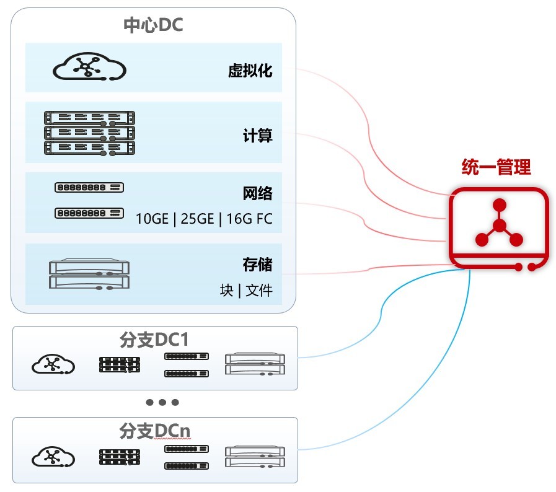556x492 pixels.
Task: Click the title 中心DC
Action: [153, 25]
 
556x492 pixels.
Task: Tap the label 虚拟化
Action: [250, 71]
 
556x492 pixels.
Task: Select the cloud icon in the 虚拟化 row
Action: [89, 66]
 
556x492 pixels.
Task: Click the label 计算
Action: [257, 136]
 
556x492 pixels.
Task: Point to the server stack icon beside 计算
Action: [89, 133]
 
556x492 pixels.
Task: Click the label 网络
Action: [257, 193]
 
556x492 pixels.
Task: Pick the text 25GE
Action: [197, 219]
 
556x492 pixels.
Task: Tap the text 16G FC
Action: [249, 219]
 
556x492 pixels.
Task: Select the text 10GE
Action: [152, 219]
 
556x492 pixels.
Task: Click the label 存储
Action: [257, 265]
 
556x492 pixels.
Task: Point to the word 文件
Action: [259, 291]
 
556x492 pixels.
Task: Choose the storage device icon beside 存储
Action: [89, 274]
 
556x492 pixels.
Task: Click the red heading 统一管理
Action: [496, 167]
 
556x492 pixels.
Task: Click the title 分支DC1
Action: [154, 340]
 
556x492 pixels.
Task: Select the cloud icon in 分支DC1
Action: [53, 364]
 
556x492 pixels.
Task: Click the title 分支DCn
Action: [154, 431]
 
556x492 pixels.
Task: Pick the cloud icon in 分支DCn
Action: [53, 456]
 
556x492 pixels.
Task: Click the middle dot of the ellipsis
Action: [162, 402]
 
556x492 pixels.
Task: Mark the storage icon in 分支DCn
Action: [255, 456]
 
